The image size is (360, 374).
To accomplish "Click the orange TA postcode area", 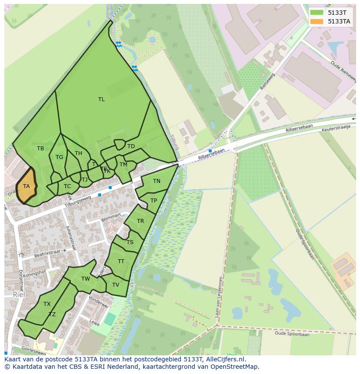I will click(26, 186).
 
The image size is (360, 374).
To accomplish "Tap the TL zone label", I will click(101, 99).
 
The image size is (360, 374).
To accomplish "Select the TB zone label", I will click(40, 149).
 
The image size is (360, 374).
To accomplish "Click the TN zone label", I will click(157, 181).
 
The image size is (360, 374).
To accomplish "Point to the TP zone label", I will click(153, 201).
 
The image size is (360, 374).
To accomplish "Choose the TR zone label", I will click(140, 221).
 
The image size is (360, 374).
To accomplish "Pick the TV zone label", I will click(116, 285).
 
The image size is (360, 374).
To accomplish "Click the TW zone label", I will click(86, 279).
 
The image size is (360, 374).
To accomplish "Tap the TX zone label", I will click(47, 304).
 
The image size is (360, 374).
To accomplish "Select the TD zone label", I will click(131, 146).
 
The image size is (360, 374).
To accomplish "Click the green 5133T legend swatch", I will click(317, 13).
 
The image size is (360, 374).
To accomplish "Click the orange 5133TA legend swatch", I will click(317, 21).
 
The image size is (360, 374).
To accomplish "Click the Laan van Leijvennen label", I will click(220, 297).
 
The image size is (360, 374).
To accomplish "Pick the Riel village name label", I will click(19, 295).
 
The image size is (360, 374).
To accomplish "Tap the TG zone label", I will click(59, 157).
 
